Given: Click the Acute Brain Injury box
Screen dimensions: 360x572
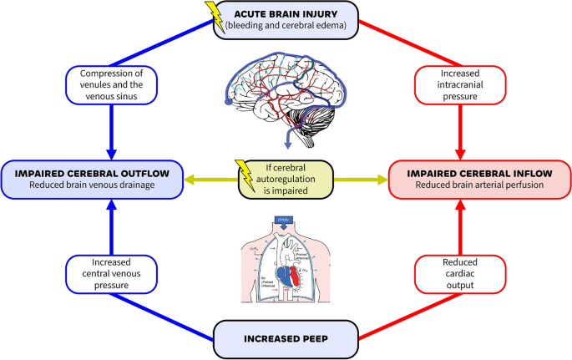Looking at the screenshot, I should point(286,19).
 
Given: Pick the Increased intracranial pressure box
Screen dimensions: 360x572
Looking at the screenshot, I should point(459,84).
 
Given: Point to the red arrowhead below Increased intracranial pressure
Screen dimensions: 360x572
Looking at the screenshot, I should point(459,152).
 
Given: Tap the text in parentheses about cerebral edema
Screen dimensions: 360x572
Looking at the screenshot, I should point(286,28).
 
